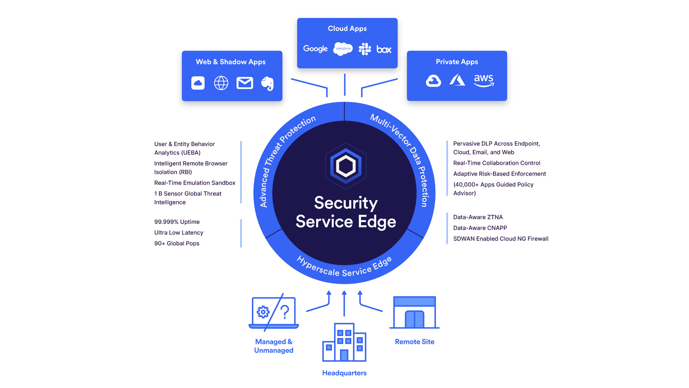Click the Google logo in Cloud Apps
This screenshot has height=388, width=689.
(315, 49)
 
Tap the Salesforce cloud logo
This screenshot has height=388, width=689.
(343, 48)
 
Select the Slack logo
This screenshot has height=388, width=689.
(365, 49)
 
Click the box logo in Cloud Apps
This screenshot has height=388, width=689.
(384, 49)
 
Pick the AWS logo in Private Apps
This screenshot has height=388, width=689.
(483, 80)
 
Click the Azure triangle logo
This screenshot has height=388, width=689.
(457, 80)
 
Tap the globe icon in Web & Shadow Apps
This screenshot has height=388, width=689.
(221, 83)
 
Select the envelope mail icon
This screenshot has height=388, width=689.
(245, 83)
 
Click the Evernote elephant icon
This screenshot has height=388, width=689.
(267, 83)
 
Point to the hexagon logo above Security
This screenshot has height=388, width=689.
(346, 166)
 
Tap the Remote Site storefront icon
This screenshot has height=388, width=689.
(414, 312)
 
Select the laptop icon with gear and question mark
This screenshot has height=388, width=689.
(273, 312)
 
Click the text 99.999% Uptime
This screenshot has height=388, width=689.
(177, 222)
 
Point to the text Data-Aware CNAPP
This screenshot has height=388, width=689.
(480, 228)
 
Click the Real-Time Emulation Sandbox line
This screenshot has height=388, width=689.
(194, 183)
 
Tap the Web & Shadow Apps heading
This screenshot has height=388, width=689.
(230, 62)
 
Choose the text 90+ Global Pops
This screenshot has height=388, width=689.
(177, 244)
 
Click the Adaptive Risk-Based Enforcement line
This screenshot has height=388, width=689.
(499, 174)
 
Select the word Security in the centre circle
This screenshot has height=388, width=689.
(346, 203)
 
